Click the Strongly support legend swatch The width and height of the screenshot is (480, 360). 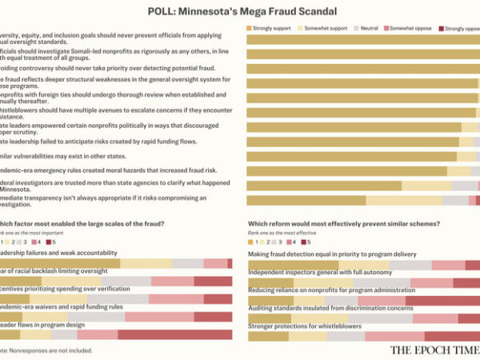pyautogui.click(x=251, y=28)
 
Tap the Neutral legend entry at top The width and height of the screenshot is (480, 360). pyautogui.click(x=364, y=28)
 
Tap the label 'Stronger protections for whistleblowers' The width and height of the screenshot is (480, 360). pyautogui.click(x=305, y=326)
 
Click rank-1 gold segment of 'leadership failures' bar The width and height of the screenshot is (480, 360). pyautogui.click(x=60, y=263)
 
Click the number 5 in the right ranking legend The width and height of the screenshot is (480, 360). pyautogui.click(x=308, y=241)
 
